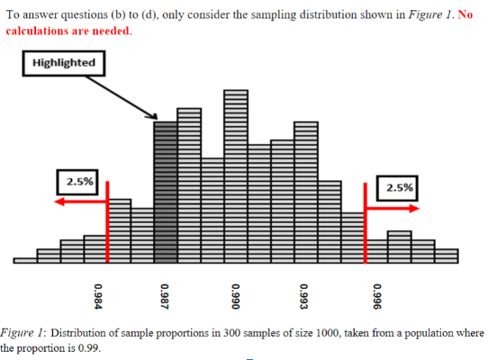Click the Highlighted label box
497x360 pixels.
point(63,63)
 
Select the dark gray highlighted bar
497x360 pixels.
point(165,189)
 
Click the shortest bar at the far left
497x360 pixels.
point(26,260)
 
